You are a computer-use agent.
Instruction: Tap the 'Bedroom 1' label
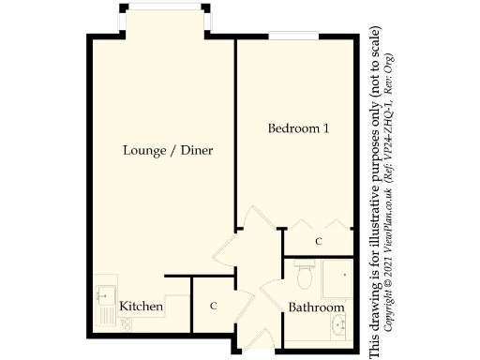point(297,128)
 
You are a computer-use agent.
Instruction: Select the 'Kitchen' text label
point(142,307)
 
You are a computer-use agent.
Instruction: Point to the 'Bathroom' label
point(316,307)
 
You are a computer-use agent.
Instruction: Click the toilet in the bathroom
point(303,275)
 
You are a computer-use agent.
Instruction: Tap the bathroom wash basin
point(339,325)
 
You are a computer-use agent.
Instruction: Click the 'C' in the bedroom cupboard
point(319,242)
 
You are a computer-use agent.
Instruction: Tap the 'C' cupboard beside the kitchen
point(214,306)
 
